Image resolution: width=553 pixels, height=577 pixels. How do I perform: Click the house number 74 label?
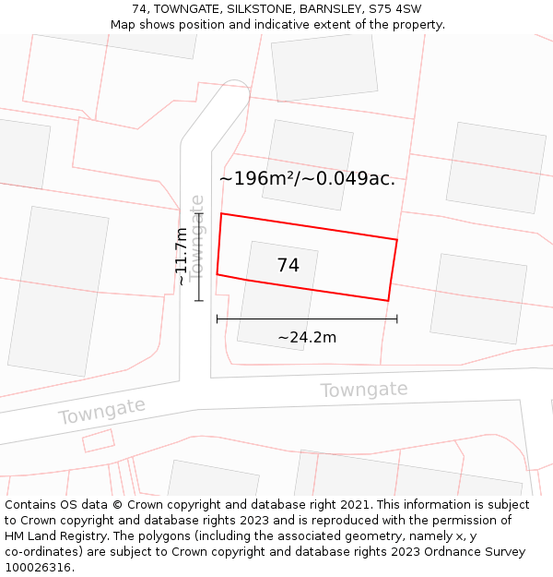pyautogui.click(x=288, y=266)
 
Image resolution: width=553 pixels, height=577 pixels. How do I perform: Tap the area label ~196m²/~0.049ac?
pyautogui.click(x=307, y=179)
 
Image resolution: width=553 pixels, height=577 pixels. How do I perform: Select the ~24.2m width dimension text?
pyautogui.click(x=307, y=338)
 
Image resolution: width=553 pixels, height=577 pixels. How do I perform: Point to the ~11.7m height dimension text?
pyautogui.click(x=182, y=256)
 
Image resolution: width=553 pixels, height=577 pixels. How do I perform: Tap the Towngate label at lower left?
pyautogui.click(x=101, y=411)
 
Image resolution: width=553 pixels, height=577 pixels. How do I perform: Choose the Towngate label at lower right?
pyautogui.click(x=363, y=391)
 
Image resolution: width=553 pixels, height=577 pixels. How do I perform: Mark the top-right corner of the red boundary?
pyautogui.click(x=397, y=240)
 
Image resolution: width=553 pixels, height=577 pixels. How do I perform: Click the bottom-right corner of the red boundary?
pyautogui.click(x=388, y=300)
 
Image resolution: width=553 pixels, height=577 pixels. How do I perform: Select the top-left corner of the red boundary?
pyautogui.click(x=221, y=214)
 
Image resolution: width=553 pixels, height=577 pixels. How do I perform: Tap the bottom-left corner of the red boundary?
pyautogui.click(x=217, y=274)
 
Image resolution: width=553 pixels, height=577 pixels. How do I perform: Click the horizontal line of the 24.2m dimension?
pyautogui.click(x=307, y=319)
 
